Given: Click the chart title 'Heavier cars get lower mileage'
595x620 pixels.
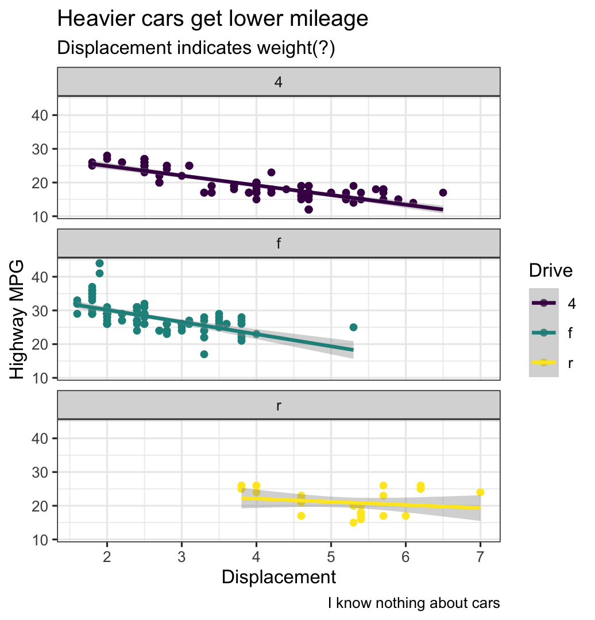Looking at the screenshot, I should click(212, 20).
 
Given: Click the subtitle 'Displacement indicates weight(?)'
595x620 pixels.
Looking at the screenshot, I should click(196, 49).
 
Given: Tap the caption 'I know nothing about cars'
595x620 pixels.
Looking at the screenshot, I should click(414, 603).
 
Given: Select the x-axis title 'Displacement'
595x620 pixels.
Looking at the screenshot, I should click(279, 577).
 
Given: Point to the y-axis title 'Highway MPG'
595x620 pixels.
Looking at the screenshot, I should click(18, 319).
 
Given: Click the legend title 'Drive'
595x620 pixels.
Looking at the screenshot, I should click(550, 271).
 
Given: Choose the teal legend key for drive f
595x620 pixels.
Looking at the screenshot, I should click(543, 333).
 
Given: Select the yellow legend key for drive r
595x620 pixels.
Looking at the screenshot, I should click(543, 363).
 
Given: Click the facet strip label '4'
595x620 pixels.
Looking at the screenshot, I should click(279, 82).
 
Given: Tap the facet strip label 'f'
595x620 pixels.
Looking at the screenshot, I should click(279, 244).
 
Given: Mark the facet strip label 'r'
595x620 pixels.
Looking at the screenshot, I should click(279, 406).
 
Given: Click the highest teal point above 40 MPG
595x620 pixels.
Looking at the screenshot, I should click(99, 263).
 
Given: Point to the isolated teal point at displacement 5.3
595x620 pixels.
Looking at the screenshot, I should click(353, 327).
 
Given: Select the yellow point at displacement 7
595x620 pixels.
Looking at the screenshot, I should click(480, 492).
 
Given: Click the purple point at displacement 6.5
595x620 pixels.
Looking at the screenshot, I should click(443, 192).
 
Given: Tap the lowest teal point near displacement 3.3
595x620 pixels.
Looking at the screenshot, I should click(204, 354).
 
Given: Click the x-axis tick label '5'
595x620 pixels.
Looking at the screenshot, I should click(331, 556).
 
